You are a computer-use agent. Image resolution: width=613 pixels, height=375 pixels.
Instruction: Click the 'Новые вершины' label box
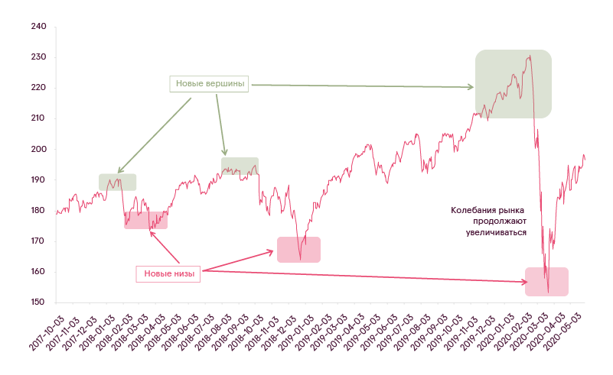click(209, 84)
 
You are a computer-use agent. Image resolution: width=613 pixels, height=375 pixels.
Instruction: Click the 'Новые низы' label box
click(168, 274)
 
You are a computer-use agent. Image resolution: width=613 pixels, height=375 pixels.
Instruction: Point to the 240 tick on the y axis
click(39, 27)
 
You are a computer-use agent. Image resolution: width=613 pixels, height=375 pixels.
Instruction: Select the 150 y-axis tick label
click(38, 302)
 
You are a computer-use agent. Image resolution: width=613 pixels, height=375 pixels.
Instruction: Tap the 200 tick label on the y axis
click(39, 149)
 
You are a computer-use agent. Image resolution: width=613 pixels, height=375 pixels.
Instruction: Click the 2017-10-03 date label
click(47, 333)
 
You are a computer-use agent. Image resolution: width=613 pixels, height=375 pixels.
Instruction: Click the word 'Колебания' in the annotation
click(471, 210)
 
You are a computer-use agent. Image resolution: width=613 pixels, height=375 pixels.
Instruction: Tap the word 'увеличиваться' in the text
click(496, 233)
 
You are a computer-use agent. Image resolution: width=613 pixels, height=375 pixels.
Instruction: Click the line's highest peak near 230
click(530, 56)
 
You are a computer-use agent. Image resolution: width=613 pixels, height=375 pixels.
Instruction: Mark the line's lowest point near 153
click(548, 292)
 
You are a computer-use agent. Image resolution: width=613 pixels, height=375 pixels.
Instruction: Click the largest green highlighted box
click(514, 84)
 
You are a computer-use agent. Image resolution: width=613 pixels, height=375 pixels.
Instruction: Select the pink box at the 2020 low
click(546, 282)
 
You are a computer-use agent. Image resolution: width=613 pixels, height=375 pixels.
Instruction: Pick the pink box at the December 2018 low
click(298, 250)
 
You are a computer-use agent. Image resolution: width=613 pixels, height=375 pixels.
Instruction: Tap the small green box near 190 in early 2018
click(117, 183)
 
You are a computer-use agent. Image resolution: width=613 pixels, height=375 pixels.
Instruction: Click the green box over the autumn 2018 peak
click(240, 166)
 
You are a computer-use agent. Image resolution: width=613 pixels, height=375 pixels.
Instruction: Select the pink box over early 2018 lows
click(146, 220)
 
